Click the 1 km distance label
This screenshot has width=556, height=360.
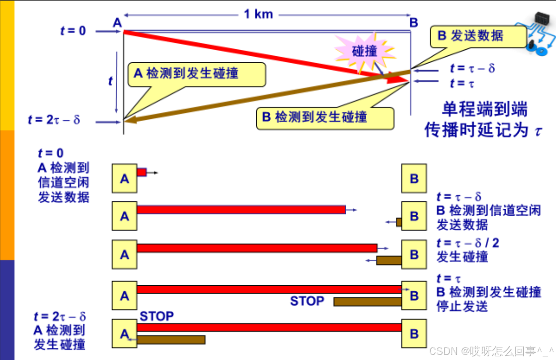(x=258, y=14)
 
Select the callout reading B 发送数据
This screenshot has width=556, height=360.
(x=478, y=36)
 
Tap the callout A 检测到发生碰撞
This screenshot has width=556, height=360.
(x=197, y=74)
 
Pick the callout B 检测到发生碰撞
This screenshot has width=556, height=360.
(x=325, y=118)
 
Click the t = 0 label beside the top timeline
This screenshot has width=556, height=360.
(x=73, y=31)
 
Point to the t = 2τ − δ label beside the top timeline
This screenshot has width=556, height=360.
(x=54, y=120)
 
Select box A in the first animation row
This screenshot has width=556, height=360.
(x=124, y=178)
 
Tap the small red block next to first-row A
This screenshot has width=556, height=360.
(x=142, y=172)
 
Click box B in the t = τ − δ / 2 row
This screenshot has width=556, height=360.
(x=414, y=254)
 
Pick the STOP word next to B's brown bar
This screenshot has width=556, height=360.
(x=307, y=301)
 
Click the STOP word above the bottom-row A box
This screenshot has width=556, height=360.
(x=157, y=316)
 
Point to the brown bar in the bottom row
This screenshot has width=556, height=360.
(x=171, y=340)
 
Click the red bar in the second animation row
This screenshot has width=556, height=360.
(x=241, y=210)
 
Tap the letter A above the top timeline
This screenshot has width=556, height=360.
(x=117, y=22)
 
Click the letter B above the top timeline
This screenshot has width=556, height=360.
(x=414, y=22)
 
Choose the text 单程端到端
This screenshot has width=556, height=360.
(x=484, y=110)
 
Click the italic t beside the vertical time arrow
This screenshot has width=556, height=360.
(x=110, y=81)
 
